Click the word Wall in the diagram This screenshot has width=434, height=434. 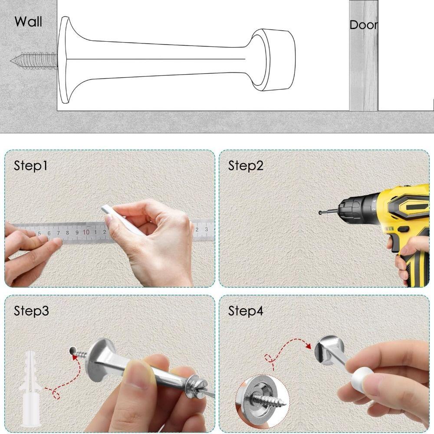tap(28, 22)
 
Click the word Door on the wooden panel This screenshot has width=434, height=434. tap(363, 25)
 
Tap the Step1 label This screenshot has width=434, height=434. tap(30, 166)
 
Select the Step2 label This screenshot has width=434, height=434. tap(246, 166)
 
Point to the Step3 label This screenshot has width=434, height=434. tap(31, 311)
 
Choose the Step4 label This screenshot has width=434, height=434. tap(246, 311)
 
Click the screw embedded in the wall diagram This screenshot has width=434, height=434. tap(34, 61)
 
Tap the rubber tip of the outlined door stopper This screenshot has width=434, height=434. tap(278, 59)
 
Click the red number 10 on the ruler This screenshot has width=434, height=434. tap(86, 232)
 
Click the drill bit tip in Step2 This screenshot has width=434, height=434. tap(321, 213)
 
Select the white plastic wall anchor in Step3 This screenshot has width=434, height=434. tap(30, 389)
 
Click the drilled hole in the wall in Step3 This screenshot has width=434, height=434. tap(73, 351)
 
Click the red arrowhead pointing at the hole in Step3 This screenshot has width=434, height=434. tap(75, 357)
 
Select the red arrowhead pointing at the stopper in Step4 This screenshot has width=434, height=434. tap(308, 346)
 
